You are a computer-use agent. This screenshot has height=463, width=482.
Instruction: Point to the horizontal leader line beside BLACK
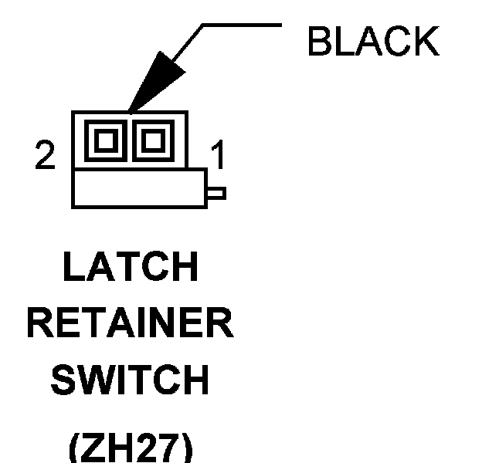(241, 24)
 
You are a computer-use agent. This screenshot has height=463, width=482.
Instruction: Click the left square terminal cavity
(107, 140)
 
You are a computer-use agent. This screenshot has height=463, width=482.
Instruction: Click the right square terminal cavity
(150, 140)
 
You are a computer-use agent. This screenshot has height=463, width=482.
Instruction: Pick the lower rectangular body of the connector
(139, 188)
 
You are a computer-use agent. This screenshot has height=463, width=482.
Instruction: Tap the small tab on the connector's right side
(216, 192)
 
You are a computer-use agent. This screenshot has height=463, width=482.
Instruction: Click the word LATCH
(130, 268)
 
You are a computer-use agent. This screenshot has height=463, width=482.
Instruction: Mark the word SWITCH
(130, 380)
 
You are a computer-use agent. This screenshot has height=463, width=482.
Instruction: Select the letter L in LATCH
(73, 268)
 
